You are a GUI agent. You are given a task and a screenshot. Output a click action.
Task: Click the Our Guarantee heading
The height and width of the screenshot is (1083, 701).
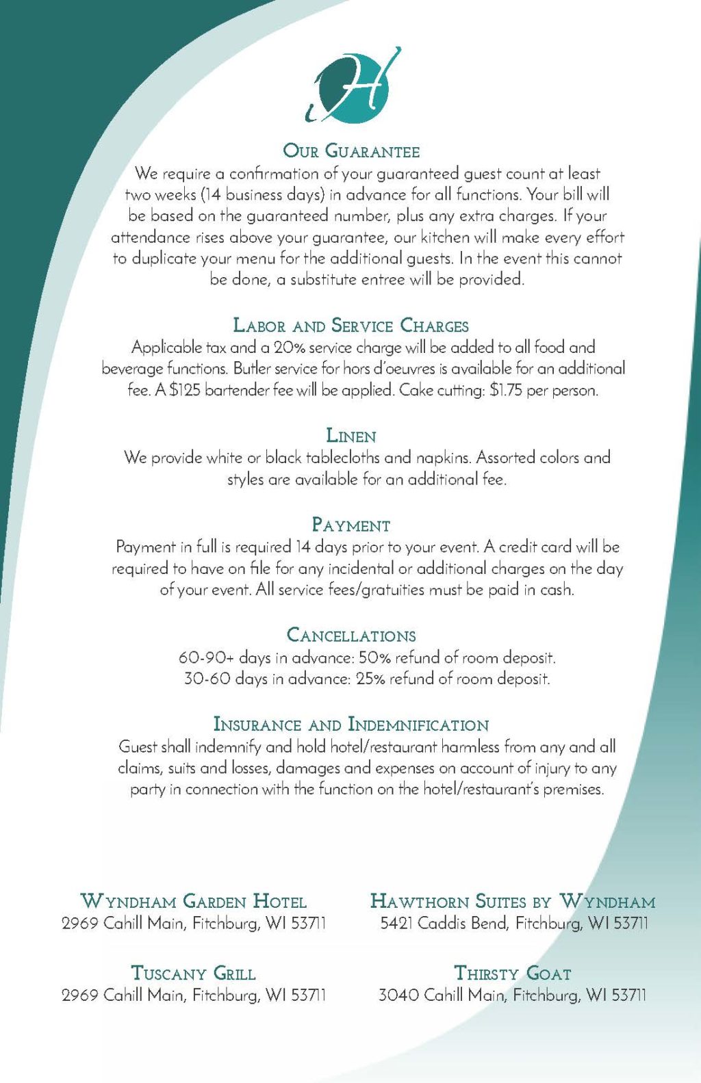pyautogui.click(x=351, y=151)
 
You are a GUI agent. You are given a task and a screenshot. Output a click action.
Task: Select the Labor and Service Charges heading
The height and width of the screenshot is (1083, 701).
pyautogui.click(x=350, y=326)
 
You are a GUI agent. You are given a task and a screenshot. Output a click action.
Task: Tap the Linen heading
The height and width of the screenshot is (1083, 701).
pyautogui.click(x=350, y=436)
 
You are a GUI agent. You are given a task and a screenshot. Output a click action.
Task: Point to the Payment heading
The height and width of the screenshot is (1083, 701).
pyautogui.click(x=350, y=525)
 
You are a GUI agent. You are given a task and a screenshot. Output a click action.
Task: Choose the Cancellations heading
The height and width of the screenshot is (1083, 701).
pyautogui.click(x=350, y=636)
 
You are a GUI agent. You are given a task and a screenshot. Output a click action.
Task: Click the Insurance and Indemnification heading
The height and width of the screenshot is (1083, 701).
pyautogui.click(x=350, y=725)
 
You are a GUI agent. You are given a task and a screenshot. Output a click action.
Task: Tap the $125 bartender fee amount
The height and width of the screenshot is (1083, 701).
pyautogui.click(x=185, y=391)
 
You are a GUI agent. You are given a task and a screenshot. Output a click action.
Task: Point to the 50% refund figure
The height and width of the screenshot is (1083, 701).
pyautogui.click(x=374, y=658)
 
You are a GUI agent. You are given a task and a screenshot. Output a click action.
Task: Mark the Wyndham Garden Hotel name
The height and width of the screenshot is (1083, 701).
pyautogui.click(x=194, y=901)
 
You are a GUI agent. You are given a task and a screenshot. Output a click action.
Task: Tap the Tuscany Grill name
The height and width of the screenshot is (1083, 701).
pyautogui.click(x=194, y=974)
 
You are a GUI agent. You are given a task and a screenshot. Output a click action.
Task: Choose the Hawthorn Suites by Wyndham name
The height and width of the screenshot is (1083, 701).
pyautogui.click(x=513, y=901)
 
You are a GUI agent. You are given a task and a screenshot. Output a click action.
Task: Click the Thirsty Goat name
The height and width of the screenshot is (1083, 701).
pyautogui.click(x=513, y=974)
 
